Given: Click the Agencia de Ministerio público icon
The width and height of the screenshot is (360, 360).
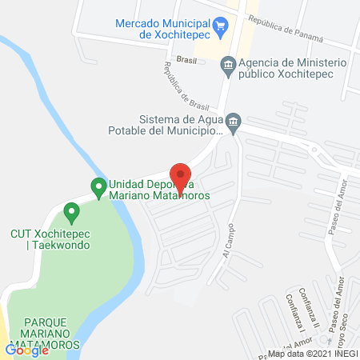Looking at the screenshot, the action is click(228, 64).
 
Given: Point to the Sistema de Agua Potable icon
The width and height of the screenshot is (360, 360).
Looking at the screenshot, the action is click(233, 121).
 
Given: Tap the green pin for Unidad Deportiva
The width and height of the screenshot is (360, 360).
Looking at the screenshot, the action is click(98, 188).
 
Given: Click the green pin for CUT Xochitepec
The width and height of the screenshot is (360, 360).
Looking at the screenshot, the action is click(71, 213).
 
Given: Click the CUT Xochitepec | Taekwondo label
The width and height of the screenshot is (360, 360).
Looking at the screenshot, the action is click(50, 238).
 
